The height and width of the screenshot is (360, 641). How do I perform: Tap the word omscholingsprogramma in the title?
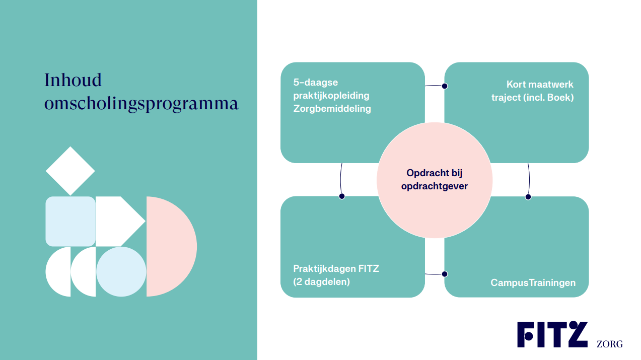pos(141,104)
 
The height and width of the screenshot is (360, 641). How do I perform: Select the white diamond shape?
pos(70,171)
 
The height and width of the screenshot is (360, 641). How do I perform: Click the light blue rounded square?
pos(70,221)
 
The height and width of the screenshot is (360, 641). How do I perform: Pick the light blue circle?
pos(121,271)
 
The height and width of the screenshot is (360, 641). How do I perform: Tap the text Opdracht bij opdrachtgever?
pos(435,179)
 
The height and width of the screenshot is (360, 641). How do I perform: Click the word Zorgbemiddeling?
pos(332,109)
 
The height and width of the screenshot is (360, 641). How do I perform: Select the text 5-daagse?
pos(316,83)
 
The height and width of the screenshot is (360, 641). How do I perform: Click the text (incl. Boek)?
pos(548,98)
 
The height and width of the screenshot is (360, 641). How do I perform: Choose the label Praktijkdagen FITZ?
pos(336,268)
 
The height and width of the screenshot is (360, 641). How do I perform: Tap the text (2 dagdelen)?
pos(322,282)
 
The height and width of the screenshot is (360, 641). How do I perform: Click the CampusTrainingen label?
pos(533,283)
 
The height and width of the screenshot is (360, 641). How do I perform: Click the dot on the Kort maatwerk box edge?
pos(445,86)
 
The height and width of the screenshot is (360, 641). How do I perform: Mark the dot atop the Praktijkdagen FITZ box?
pos(342,196)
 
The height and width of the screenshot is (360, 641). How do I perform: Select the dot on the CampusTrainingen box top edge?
pos(528,197)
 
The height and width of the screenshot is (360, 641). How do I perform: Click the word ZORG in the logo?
pos(609,344)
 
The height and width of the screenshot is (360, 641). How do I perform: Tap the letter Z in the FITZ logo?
pos(575,334)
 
